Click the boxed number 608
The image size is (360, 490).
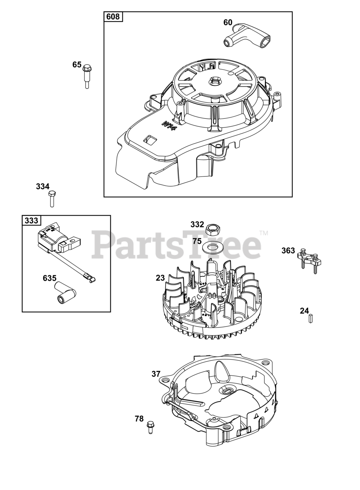point(113,17)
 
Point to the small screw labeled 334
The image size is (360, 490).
point(52,198)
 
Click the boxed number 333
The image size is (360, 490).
point(31,220)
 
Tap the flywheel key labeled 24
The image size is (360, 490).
point(311,318)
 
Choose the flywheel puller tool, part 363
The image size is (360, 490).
point(309,262)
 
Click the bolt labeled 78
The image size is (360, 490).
point(150,427)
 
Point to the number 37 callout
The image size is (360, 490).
point(156,374)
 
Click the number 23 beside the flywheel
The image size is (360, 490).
point(160,278)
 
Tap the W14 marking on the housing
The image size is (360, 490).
point(169,126)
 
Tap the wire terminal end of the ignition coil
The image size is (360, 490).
point(89,278)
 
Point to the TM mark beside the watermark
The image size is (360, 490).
point(263,233)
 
